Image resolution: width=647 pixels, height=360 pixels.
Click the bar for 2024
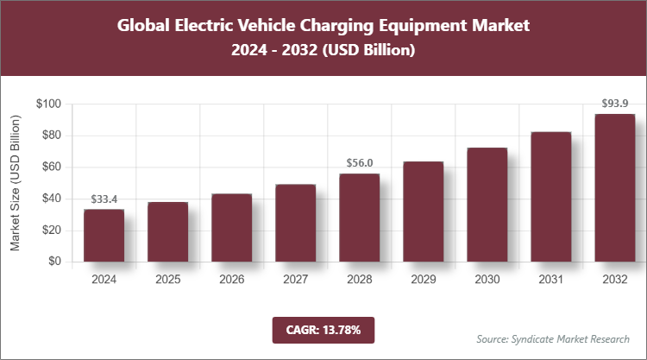click(104, 235)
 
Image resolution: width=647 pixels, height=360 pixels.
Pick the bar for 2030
click(487, 205)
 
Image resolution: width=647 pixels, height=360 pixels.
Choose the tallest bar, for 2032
click(614, 187)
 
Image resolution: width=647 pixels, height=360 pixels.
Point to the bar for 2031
click(550, 197)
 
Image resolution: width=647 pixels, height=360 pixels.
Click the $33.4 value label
click(104, 199)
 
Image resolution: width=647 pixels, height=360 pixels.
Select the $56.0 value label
click(359, 163)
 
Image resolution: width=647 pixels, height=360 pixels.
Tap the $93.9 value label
click(614, 104)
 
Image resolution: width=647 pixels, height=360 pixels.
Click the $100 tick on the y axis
click(47, 104)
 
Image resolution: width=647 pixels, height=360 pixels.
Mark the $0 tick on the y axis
click(53, 262)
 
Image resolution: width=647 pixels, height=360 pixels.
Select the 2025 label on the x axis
click(167, 279)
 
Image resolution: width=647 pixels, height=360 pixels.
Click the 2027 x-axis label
click(295, 279)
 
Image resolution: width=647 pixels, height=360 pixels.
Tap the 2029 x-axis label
click(423, 279)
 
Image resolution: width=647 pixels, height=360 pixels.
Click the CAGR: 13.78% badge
click(323, 330)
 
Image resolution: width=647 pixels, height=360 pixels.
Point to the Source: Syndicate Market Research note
click(552, 338)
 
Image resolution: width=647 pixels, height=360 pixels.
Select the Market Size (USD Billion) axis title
click(15, 183)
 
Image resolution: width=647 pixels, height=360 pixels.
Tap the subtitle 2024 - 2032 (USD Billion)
click(323, 51)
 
